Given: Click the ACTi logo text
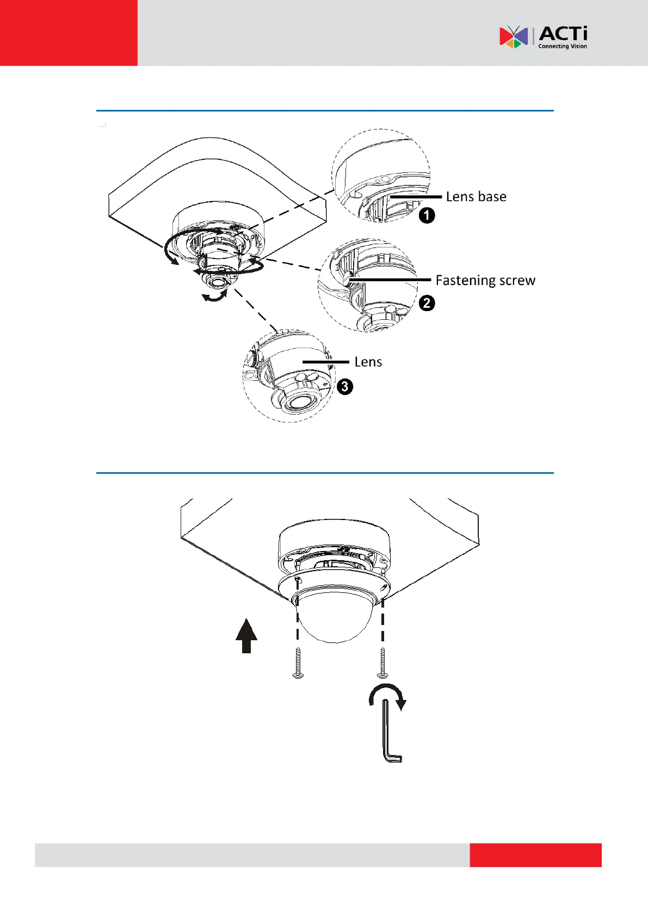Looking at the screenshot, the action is click(x=563, y=34).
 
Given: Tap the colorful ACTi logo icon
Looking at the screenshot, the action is click(x=514, y=37).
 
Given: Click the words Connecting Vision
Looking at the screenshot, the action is click(x=563, y=47).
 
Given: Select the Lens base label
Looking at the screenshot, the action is click(x=476, y=197).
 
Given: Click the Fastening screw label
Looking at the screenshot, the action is click(x=485, y=281).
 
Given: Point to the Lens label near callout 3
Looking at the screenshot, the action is click(x=368, y=362).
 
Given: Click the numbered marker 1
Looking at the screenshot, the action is click(x=427, y=215).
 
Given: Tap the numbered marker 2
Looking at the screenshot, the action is click(x=427, y=303).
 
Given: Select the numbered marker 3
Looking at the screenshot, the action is click(x=345, y=387).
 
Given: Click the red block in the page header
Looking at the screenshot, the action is click(x=69, y=33).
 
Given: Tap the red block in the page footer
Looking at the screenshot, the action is click(x=535, y=855).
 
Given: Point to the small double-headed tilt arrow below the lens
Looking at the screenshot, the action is click(x=214, y=296).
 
